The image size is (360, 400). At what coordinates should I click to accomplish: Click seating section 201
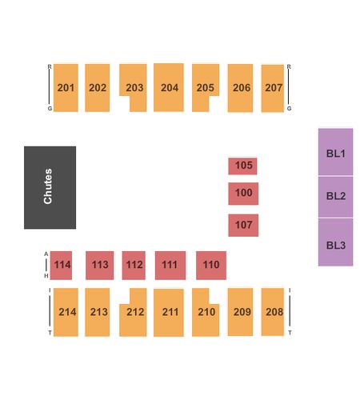coord(66,88)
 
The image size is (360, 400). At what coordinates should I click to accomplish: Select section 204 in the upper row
coord(169,87)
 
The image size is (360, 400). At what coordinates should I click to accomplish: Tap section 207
coord(273,88)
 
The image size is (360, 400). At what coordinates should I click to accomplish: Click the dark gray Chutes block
coord(50,187)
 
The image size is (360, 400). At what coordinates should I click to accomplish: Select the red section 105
coord(242,166)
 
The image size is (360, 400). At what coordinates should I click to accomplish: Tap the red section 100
coord(243,194)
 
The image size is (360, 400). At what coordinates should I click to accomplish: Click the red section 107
coord(243,226)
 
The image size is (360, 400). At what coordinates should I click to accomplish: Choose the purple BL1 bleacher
coord(335,152)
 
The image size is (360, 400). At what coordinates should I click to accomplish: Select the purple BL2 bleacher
coord(335,197)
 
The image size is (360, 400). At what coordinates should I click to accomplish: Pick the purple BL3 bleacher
coord(335,242)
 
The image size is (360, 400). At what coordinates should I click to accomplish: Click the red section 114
coord(61,266)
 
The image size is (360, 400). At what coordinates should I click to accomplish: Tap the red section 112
coord(134,266)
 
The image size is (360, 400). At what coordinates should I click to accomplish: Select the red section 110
coord(211,266)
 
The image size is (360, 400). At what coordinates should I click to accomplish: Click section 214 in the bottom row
coord(66,312)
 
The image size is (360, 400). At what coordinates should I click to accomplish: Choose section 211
coord(169,313)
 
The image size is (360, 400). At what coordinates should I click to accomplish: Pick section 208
coord(273,312)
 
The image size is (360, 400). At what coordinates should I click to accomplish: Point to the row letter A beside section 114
coord(46,254)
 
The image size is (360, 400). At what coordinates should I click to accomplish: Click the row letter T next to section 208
coord(290,333)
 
